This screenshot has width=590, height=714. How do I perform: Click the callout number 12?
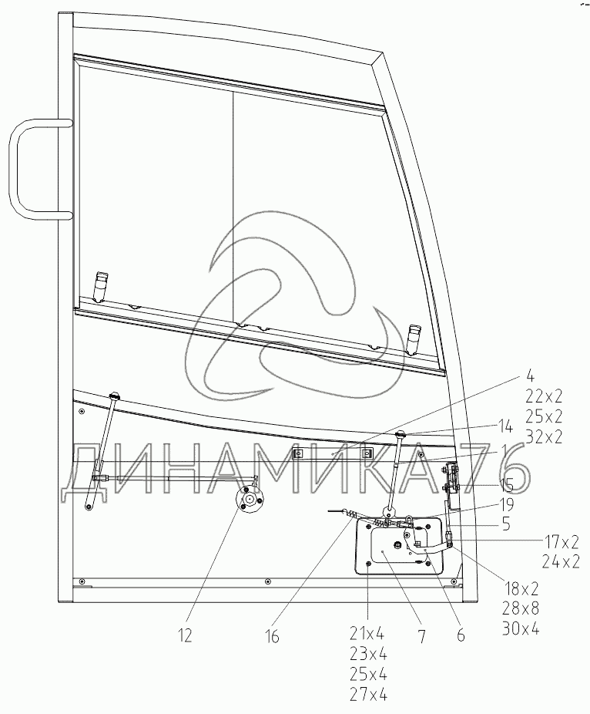click(185, 635)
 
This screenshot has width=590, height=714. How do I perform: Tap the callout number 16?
click(272, 637)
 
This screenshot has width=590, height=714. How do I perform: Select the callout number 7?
click(421, 637)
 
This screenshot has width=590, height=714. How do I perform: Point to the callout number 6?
click(461, 635)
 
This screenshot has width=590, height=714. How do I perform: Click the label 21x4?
click(368, 633)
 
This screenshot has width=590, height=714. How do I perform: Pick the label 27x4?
click(368, 695)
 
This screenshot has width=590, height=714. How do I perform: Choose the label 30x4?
click(521, 629)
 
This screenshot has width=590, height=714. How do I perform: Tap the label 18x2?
click(521, 589)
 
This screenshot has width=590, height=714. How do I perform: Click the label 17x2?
click(561, 542)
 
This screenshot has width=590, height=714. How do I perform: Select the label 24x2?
click(561, 562)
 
